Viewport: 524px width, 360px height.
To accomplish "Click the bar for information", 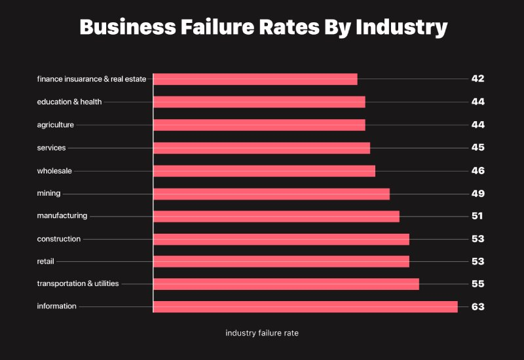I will point(305,306).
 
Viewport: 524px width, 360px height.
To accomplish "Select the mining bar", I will point(271,193).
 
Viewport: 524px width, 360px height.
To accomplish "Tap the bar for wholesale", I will point(264,171).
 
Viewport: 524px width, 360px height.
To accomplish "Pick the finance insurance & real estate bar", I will point(255,79).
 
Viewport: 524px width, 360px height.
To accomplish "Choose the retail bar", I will point(281,261).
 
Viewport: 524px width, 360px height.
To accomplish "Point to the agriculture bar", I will point(259,124).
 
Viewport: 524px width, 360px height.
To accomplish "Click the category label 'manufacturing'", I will point(62,216).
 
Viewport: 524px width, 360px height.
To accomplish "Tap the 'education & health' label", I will point(69,101).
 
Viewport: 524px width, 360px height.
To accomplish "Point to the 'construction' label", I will point(59,239).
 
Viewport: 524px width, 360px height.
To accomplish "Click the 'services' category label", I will point(52,148).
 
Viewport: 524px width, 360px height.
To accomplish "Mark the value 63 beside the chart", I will point(477,306).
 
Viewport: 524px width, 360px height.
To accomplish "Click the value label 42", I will point(477,79).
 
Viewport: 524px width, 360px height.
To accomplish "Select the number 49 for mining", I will point(477,193).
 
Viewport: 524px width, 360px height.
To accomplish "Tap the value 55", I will point(477,283).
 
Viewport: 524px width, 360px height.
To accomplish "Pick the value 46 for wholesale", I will point(477,170).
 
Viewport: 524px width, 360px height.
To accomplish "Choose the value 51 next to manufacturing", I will point(477,216).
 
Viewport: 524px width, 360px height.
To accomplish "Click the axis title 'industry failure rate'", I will point(262,333).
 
